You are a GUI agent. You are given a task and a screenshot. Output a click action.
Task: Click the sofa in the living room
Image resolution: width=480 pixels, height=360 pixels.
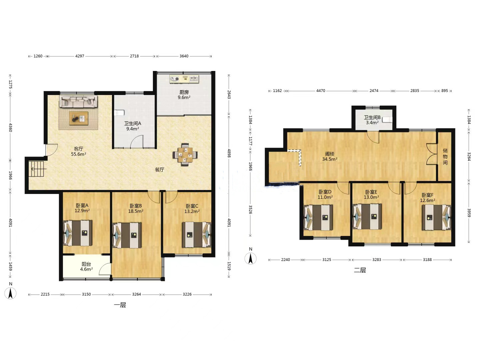tap(78, 101)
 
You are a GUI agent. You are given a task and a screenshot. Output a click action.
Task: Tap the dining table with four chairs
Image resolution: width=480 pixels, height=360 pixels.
tap(185, 155)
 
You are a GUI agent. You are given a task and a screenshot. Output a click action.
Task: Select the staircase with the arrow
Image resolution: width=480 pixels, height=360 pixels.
tap(38, 169)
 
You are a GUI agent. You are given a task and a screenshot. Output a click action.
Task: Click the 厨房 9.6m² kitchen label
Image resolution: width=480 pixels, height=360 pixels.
tap(184, 95)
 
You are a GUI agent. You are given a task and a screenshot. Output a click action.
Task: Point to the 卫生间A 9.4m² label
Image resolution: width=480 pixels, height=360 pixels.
tap(133, 126)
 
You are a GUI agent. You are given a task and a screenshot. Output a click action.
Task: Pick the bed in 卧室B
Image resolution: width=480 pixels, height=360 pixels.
tap(127, 235)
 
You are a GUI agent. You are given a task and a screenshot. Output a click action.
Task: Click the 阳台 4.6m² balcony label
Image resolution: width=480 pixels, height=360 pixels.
tap(86, 266)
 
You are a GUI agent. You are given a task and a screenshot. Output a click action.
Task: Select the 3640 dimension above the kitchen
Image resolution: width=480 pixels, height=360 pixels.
tap(184, 56)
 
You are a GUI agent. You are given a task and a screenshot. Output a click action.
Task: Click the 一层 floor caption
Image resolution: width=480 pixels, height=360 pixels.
tap(120, 305)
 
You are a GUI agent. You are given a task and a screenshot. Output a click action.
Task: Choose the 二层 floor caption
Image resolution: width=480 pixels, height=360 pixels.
tap(360, 270)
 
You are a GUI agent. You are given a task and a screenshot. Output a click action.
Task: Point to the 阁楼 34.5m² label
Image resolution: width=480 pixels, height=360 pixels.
tap(330, 157)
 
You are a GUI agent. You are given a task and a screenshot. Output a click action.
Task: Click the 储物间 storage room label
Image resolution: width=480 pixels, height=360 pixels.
tap(445, 157)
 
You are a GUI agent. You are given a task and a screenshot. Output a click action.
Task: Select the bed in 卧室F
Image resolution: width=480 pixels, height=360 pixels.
tap(436, 217)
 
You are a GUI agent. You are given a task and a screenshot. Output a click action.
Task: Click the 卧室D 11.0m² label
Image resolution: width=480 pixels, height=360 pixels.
tap(325, 194)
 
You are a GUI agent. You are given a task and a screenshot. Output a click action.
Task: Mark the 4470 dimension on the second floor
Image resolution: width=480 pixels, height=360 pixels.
tap(321, 91)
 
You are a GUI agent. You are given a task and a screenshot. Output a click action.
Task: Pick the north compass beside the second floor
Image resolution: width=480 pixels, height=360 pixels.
tap(250, 256)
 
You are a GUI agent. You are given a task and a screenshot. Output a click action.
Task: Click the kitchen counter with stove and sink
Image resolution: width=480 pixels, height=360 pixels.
tap(184, 79)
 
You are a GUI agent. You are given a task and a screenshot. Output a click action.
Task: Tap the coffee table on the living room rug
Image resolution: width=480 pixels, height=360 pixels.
tap(79, 118)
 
